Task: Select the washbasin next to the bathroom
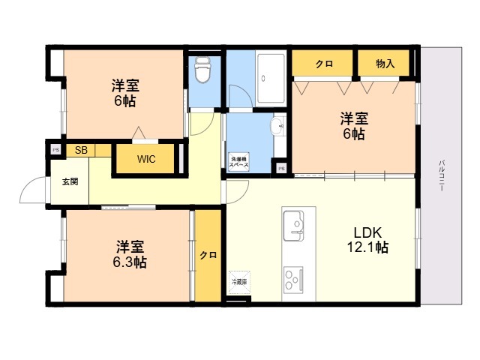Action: click(278, 124)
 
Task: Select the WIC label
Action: click(146, 159)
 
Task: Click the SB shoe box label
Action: click(81, 150)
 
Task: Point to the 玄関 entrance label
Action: click(69, 181)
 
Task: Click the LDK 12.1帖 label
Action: click(367, 239)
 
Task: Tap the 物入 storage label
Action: click(385, 64)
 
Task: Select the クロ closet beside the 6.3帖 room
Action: click(208, 255)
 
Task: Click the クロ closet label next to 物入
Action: click(323, 64)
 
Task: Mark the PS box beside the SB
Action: click(55, 149)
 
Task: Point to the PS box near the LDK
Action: click(281, 168)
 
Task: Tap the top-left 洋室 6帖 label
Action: click(124, 93)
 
